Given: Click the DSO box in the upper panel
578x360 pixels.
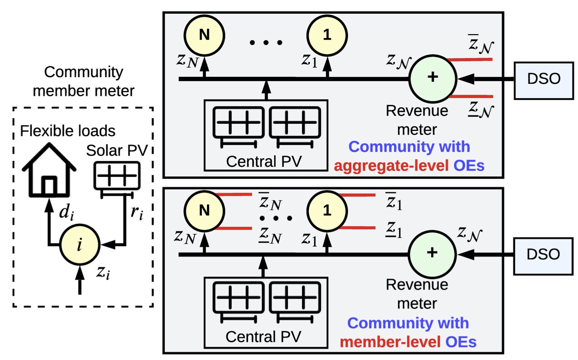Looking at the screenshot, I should (x=543, y=81).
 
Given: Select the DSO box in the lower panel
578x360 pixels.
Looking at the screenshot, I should (x=543, y=256).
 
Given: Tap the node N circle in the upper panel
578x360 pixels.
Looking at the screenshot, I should (x=204, y=35).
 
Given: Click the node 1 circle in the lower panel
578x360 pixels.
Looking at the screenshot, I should (x=327, y=210).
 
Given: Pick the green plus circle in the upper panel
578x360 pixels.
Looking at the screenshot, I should (x=432, y=78).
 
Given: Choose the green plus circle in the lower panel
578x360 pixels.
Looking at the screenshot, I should (x=432, y=253).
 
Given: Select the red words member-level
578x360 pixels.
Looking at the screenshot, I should (x=390, y=342).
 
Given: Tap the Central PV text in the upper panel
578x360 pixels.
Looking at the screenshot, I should (x=264, y=162).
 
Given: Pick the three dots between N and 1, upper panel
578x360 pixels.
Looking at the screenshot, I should (x=266, y=43).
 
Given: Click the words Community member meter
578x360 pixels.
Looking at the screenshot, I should (x=84, y=81).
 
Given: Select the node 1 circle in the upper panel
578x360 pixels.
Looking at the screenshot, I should (x=327, y=35).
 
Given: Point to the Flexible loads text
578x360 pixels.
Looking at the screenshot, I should (x=68, y=131).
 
